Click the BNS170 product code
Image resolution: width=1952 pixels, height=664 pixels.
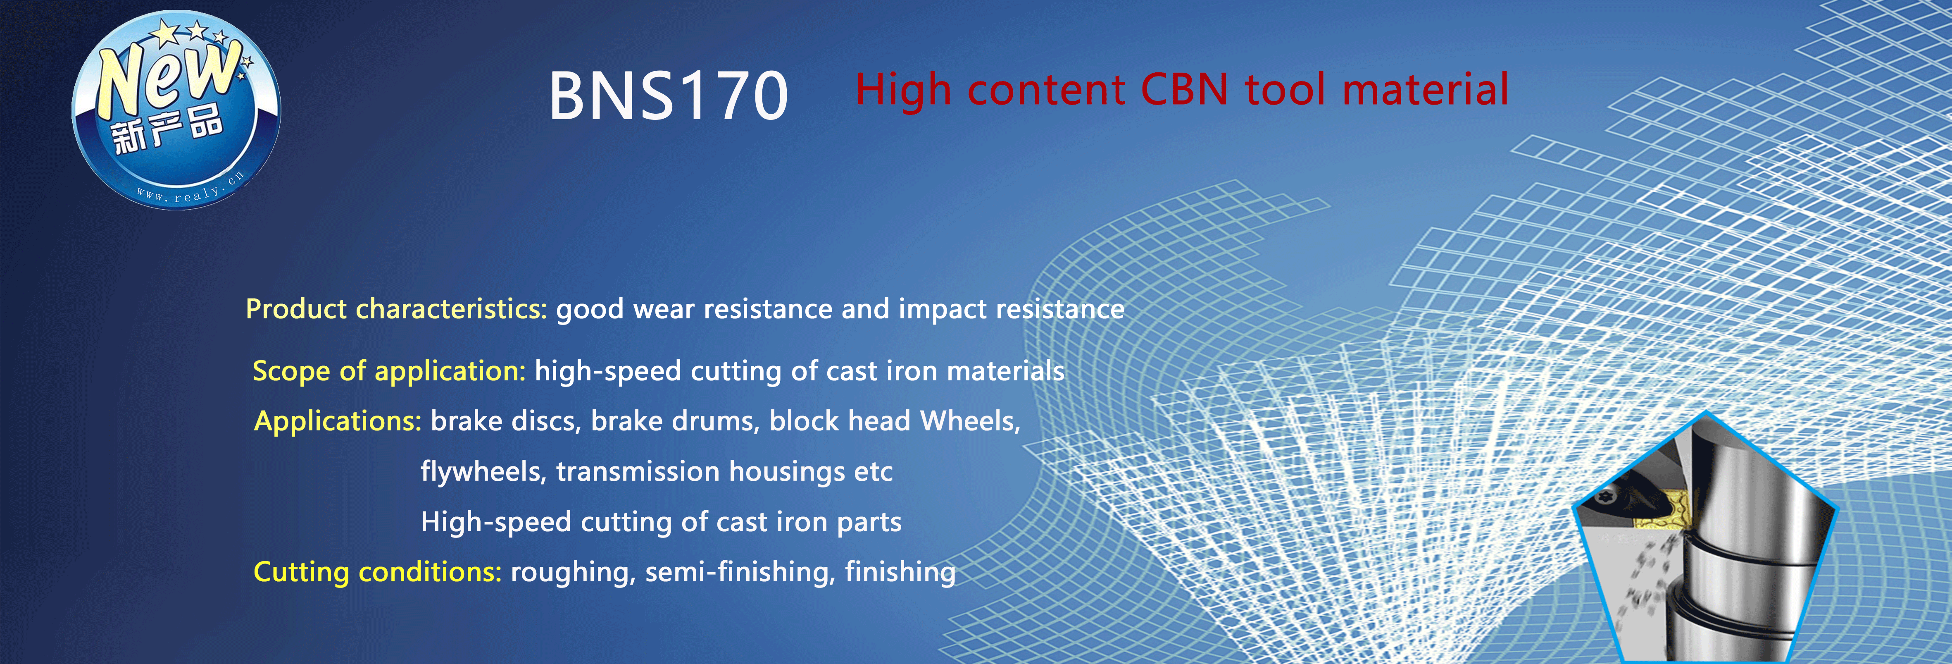coord(668,96)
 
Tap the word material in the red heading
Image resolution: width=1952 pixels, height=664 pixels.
coord(1425,89)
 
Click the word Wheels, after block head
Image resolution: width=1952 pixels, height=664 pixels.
coord(970,421)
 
